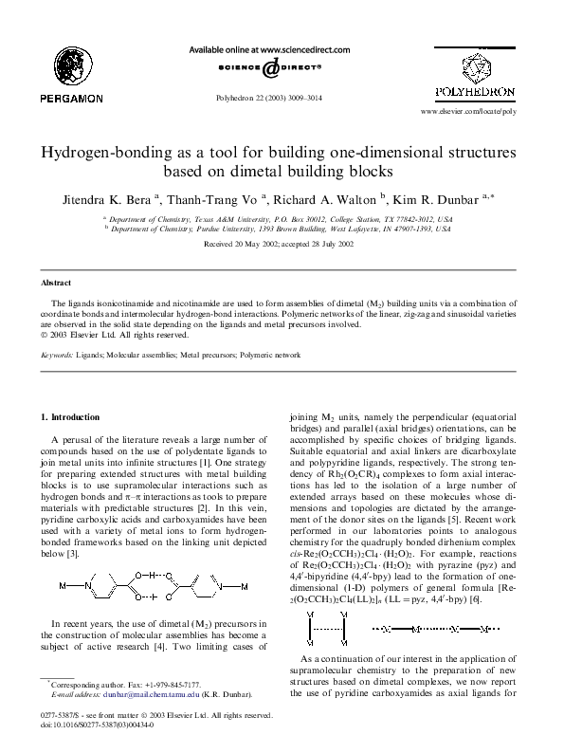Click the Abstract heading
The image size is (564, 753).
coord(56,284)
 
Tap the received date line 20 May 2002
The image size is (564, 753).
coord(282,244)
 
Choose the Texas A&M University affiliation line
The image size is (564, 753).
coord(282,217)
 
